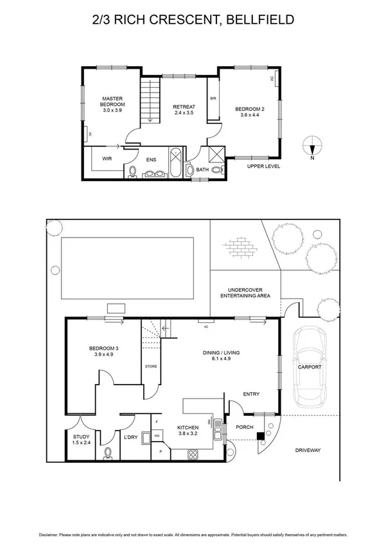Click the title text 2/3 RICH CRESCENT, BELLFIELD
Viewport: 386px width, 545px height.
(193, 20)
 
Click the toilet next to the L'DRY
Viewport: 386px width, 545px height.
(107, 453)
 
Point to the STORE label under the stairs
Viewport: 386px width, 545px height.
(150, 367)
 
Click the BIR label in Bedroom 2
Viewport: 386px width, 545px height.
(213, 99)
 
